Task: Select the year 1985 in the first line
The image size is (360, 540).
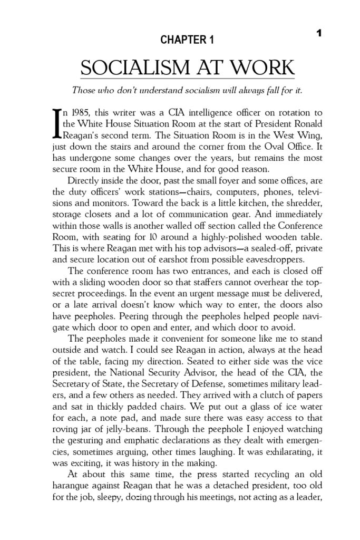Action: pos(85,113)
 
